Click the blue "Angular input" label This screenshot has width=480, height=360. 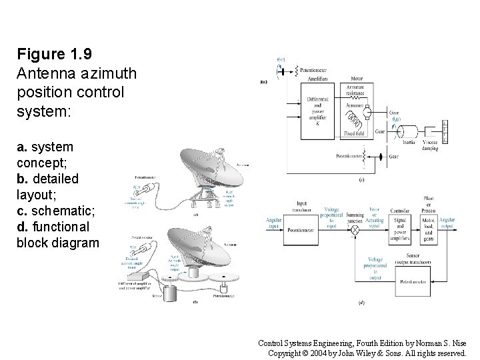tap(274, 223)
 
